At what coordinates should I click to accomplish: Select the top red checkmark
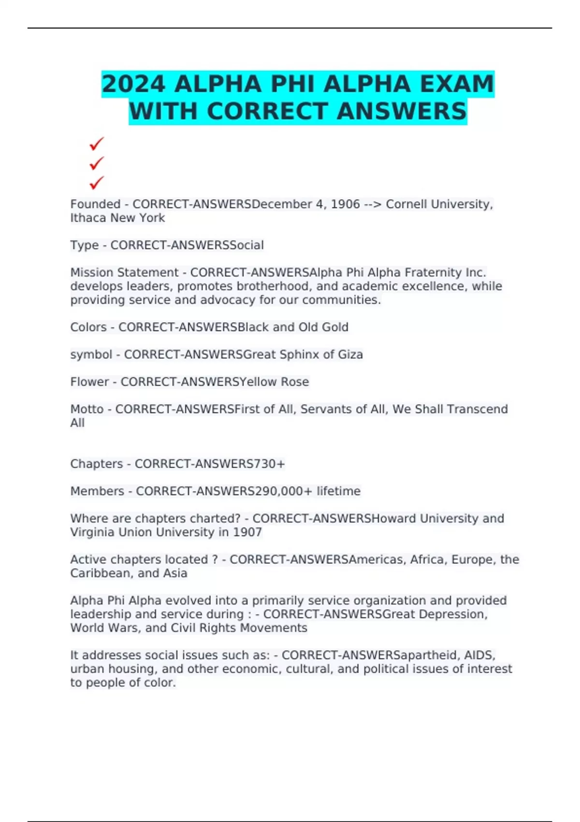coord(97,144)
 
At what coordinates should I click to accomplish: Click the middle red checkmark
coord(97,163)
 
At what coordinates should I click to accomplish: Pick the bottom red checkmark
coord(97,183)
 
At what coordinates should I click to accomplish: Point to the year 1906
coord(345,204)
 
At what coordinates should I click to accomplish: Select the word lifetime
coord(338,491)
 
